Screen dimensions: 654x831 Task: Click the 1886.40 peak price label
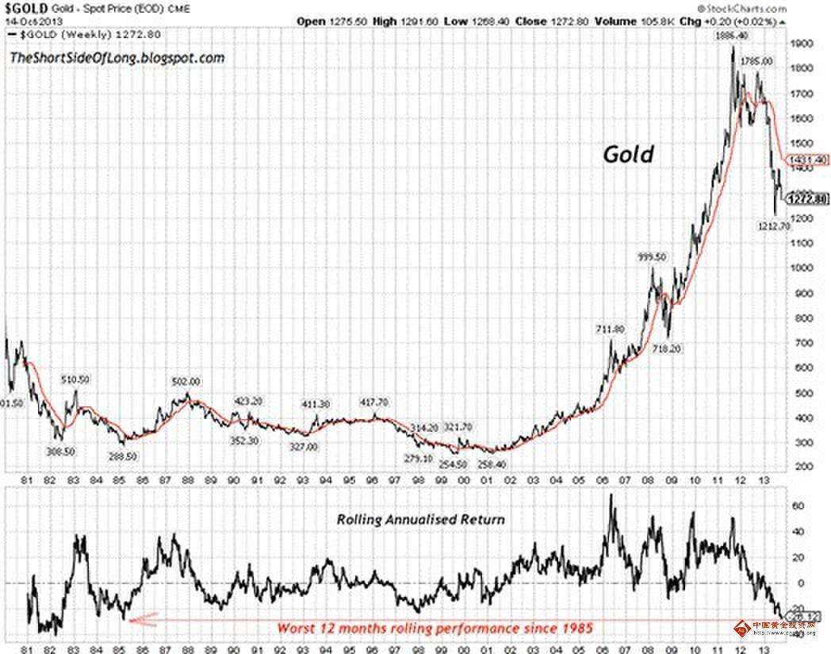click(730, 37)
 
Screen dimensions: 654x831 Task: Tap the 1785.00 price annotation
click(756, 61)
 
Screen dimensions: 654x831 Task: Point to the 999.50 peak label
click(653, 257)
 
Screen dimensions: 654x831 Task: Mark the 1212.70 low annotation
click(772, 226)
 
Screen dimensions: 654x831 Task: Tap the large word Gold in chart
click(629, 154)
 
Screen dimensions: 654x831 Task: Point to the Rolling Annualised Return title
click(421, 520)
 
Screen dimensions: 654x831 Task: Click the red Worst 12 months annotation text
click(435, 628)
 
